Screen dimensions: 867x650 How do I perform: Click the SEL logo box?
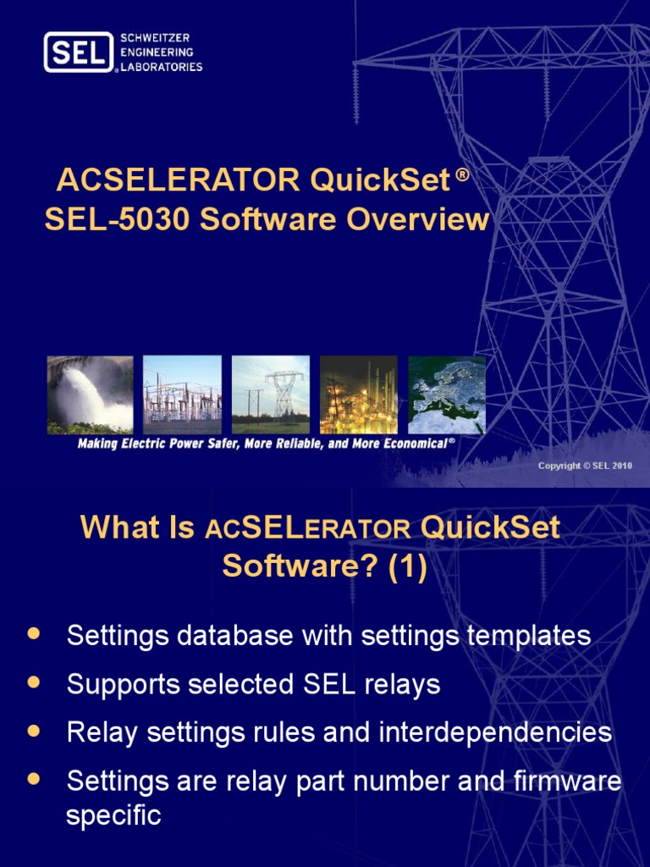click(x=79, y=52)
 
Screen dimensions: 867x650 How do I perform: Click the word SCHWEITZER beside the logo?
click(x=155, y=39)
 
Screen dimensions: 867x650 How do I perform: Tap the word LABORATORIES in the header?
click(x=162, y=67)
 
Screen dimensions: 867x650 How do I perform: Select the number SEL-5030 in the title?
click(x=106, y=219)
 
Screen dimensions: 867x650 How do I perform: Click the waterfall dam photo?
click(x=90, y=395)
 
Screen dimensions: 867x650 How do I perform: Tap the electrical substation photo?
click(x=182, y=395)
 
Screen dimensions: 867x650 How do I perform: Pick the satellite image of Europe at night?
click(x=447, y=395)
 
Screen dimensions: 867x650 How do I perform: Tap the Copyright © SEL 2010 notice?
click(x=585, y=467)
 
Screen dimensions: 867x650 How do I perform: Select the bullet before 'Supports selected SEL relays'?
click(x=34, y=682)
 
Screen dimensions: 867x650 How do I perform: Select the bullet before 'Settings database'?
click(x=34, y=633)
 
